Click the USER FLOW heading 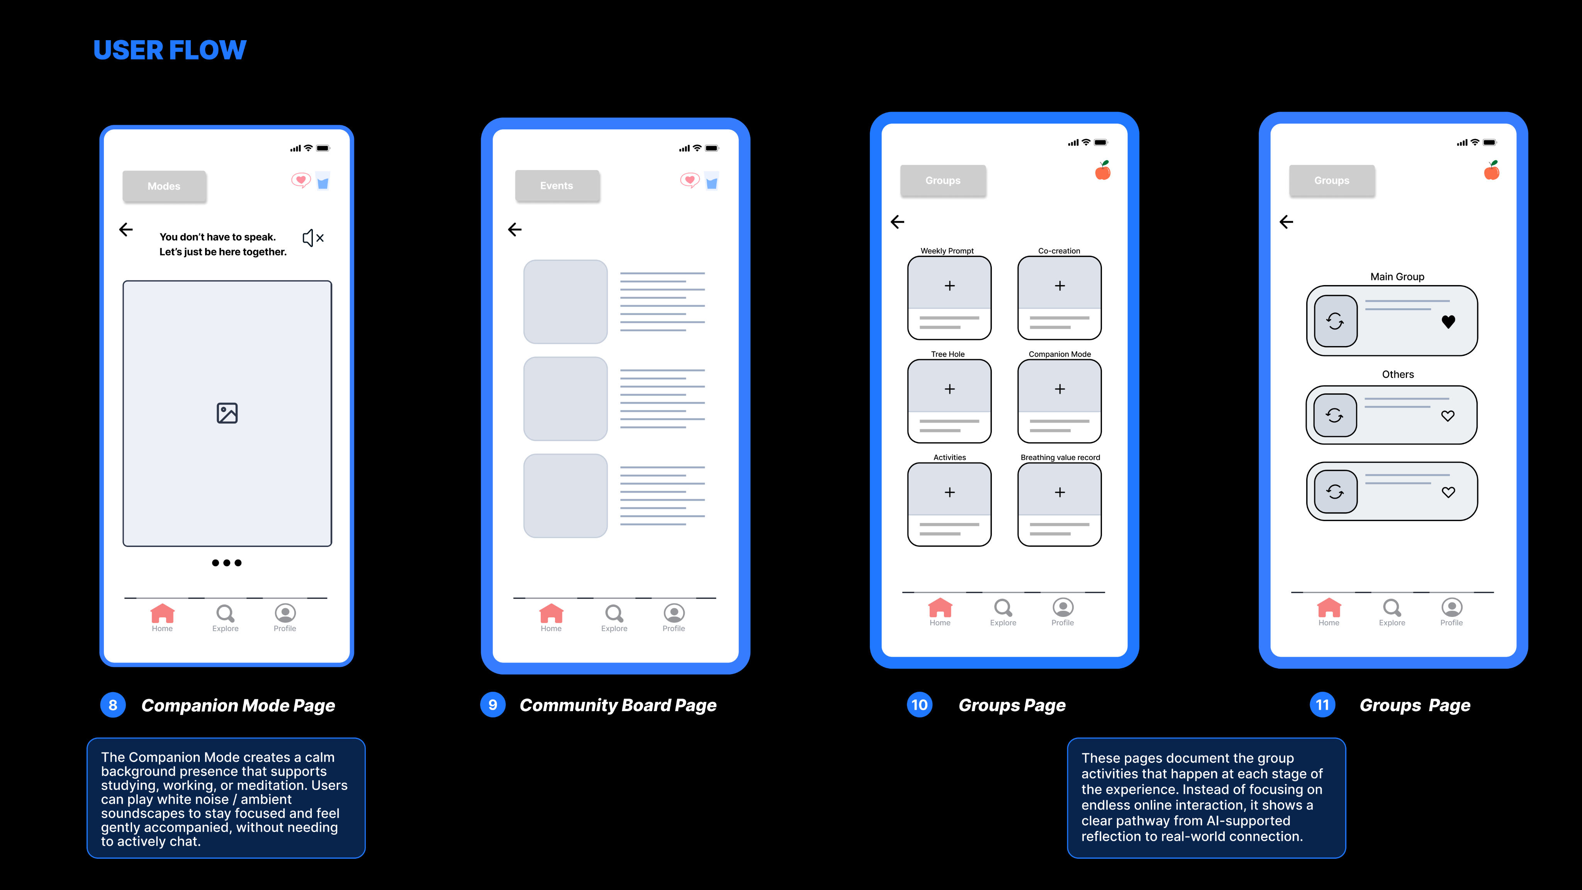170,50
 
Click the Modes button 164,186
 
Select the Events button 557,185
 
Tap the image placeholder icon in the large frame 227,413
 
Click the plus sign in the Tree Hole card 949,389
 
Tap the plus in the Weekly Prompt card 949,285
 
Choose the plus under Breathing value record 1059,492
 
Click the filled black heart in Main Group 1448,322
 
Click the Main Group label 1397,277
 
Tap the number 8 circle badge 113,705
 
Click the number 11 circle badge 1322,705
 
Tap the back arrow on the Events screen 514,230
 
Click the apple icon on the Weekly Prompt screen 1103,171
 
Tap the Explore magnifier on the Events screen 614,613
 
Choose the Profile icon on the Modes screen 285,613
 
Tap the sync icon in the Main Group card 1335,321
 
